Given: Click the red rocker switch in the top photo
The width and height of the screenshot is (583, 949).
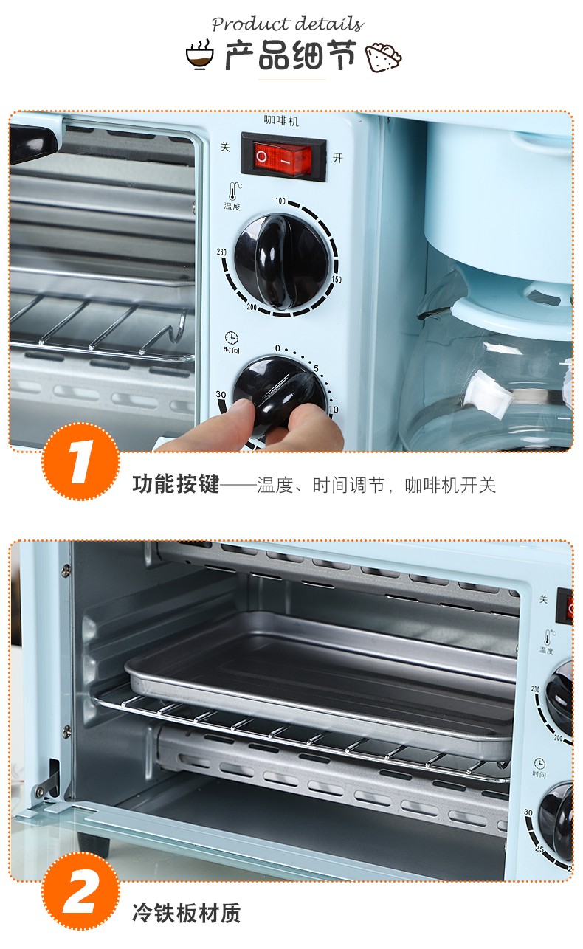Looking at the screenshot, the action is click(283, 158).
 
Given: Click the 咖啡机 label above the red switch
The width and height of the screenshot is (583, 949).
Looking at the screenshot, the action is click(281, 121).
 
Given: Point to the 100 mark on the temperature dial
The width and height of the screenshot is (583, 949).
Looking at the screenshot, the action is click(280, 201).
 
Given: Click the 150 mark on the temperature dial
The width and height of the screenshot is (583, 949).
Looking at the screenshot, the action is click(336, 280).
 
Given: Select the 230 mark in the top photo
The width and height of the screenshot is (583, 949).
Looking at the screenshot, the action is click(221, 252).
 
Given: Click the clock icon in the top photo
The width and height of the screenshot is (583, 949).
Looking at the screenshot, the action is click(231, 337).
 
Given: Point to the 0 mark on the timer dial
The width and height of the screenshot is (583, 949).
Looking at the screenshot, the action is click(277, 348).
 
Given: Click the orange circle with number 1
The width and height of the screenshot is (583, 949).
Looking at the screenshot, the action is click(80, 462).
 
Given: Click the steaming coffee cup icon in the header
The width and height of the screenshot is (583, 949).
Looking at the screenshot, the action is click(200, 55).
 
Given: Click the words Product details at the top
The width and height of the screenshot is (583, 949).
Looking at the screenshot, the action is click(288, 24).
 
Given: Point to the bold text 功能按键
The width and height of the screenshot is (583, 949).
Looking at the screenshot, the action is click(176, 484).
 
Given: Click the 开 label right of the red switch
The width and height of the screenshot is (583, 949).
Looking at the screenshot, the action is click(338, 158).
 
